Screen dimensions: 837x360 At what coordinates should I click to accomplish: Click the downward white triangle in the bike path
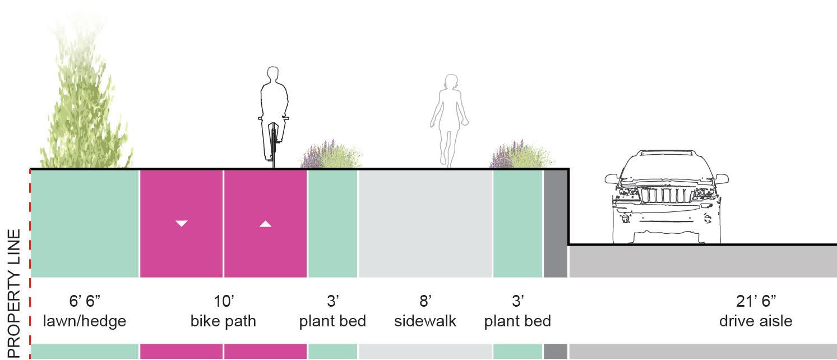point(181,223)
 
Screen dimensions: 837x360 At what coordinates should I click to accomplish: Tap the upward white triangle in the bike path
point(266,224)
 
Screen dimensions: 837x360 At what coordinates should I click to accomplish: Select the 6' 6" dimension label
point(85,301)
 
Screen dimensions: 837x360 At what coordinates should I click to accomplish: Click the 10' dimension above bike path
point(224,301)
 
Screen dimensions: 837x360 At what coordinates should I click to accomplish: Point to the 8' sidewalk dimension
point(425,301)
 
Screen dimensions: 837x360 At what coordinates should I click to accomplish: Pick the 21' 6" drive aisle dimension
point(756,301)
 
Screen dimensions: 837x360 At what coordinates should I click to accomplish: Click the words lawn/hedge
point(85,321)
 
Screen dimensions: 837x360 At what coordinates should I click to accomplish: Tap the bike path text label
point(223,321)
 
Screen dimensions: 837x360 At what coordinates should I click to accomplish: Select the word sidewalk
point(425,321)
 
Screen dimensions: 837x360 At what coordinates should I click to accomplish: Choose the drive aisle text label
point(756,321)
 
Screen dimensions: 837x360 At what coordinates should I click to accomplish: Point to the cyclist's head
point(273,75)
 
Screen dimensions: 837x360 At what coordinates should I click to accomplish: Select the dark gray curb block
point(556,223)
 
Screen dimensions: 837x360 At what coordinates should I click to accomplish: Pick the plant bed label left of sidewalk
point(332,321)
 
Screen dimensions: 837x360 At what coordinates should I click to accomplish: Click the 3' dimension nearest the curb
point(517,301)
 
